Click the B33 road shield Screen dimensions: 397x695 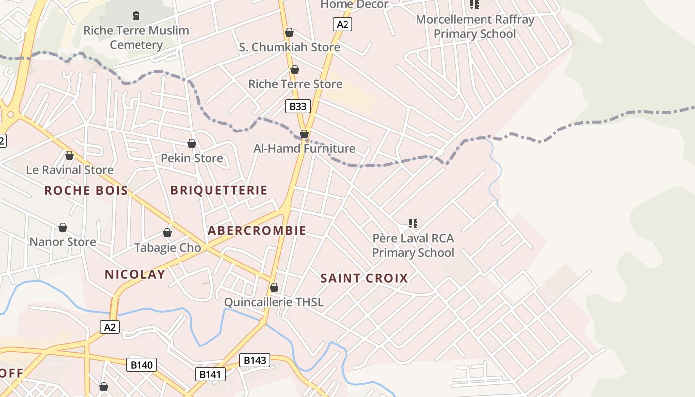tap(298, 106)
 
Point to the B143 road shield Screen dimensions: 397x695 tap(255, 360)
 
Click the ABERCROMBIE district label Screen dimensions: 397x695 tap(257, 231)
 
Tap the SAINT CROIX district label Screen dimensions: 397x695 tap(364, 278)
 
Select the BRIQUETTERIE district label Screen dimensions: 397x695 tap(218, 190)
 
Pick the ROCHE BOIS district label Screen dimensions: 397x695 tap(86, 190)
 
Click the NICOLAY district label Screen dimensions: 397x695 tap(135, 274)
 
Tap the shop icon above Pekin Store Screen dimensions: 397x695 tap(192, 143)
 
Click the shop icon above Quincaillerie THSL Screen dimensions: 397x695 tap(274, 287)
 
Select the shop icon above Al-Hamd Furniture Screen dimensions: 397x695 tap(304, 134)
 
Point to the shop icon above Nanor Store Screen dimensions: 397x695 tap(63, 227)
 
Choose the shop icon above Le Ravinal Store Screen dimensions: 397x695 tap(69, 155)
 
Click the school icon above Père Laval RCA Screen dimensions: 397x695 tap(413, 224)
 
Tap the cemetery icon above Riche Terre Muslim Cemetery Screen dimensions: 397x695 tap(136, 16)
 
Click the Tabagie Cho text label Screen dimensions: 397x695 tap(167, 247)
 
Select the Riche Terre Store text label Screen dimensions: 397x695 tap(295, 84)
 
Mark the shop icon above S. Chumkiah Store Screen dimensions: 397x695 tap(289, 32)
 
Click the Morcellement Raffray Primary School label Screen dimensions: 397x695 tap(475, 27)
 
